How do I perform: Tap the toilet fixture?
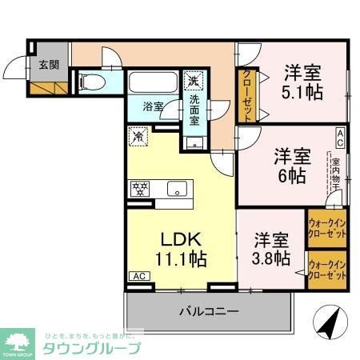(90, 81)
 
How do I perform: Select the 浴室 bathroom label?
(153, 106)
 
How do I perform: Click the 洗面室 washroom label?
(194, 110)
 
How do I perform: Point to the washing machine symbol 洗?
(193, 80)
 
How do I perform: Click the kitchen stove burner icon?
(141, 190)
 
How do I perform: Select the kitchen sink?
(177, 190)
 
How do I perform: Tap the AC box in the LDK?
(138, 276)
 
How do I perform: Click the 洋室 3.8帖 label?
(271, 247)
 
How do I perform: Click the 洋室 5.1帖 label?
(302, 82)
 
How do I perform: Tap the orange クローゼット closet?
(245, 94)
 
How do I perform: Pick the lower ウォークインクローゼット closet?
(327, 269)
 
